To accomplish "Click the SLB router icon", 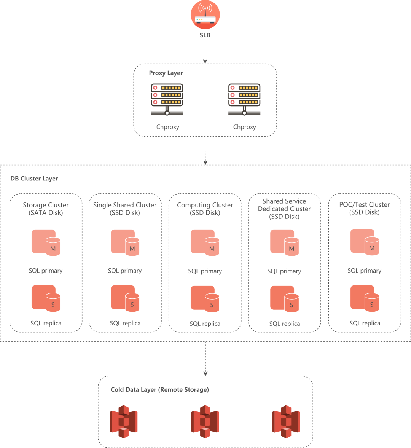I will [205, 15].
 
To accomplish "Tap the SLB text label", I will [205, 35].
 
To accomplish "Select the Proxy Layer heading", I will [166, 73].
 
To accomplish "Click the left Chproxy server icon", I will [167, 99].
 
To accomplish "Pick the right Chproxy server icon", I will [244, 99].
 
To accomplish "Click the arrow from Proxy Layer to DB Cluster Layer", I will [205, 150].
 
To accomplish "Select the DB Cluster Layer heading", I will [34, 179].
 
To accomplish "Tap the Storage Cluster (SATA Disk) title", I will [46, 209].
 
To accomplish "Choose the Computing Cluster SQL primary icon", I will [205, 242].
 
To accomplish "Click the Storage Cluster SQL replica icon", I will [46, 298].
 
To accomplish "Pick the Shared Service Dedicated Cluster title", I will [284, 209].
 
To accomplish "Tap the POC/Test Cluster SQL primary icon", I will [365, 242].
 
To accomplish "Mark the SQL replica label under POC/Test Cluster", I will [365, 323].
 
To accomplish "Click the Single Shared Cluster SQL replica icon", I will [125, 298].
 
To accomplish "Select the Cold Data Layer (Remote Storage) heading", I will [160, 390].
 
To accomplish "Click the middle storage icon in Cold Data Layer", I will [205, 422].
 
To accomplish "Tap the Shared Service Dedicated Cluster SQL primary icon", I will [284, 242].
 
